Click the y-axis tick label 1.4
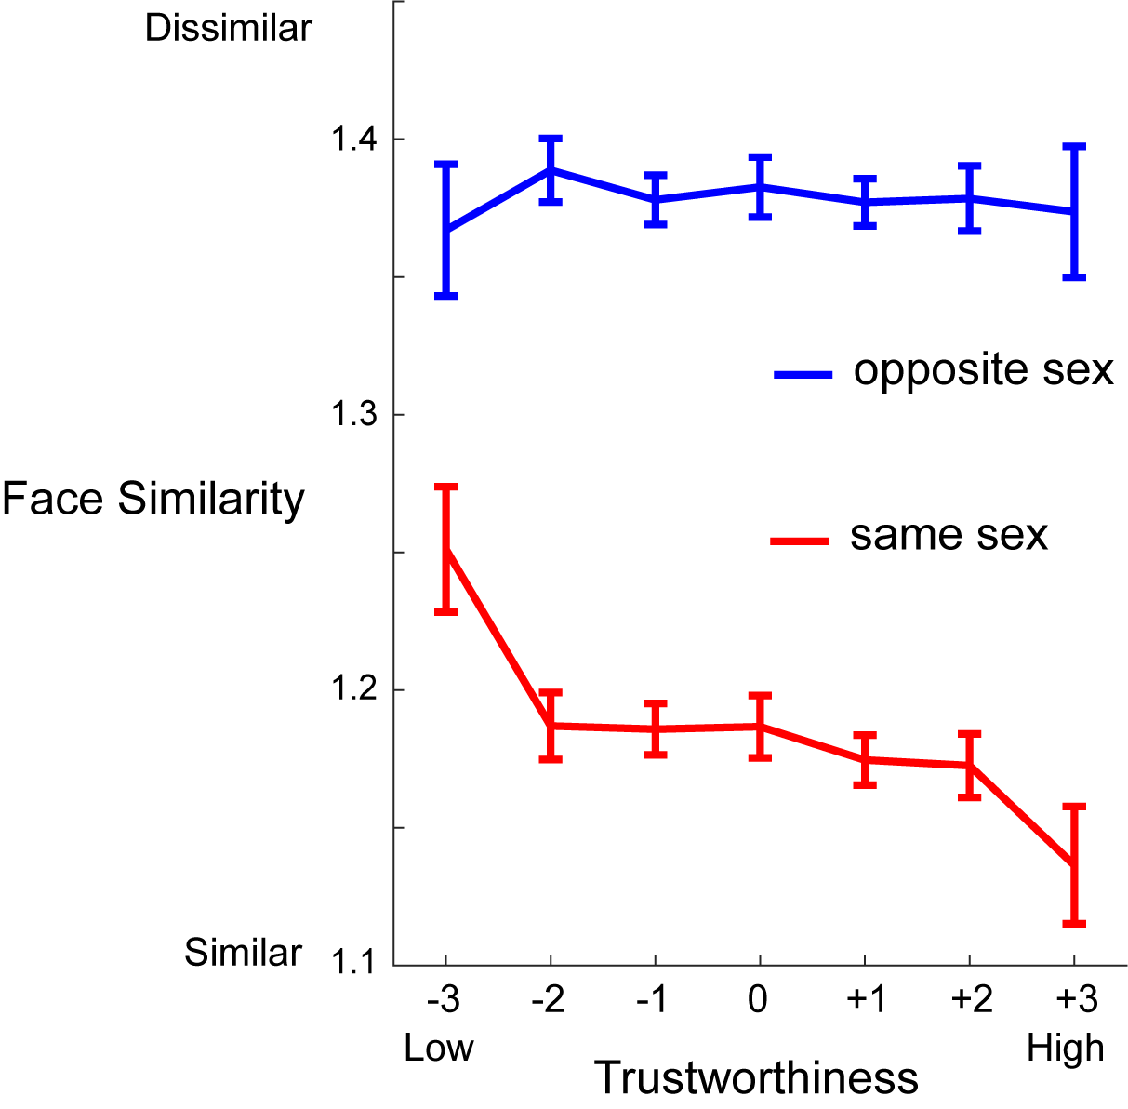(353, 140)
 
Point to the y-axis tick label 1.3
(353, 415)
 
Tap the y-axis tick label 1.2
(353, 690)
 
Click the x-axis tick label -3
(444, 1000)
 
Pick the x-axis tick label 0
(759, 1000)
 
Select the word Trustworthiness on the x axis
(756, 1078)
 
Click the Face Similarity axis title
(153, 499)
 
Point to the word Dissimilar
(229, 29)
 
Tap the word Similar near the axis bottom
(244, 953)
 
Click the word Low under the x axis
(439, 1049)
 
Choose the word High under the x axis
(1066, 1049)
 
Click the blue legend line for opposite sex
(803, 375)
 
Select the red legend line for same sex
(800, 540)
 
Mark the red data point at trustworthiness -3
(446, 549)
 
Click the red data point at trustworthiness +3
(1074, 864)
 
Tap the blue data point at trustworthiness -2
(551, 169)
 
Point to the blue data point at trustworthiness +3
(1074, 211)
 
